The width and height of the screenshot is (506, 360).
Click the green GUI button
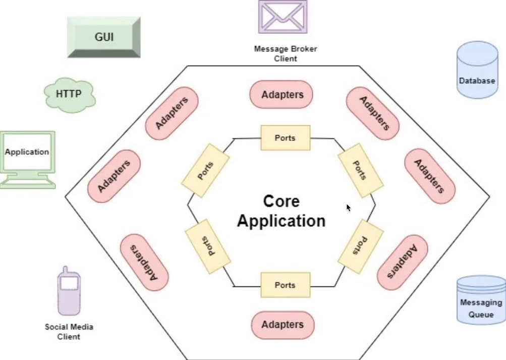[x=103, y=37]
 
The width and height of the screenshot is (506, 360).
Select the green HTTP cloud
[x=69, y=94]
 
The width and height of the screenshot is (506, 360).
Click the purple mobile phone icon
[x=69, y=291]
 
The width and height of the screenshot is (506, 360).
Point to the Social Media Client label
[x=69, y=332]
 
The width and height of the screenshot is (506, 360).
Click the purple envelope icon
[x=283, y=16]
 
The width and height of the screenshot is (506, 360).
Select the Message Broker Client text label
[x=286, y=54]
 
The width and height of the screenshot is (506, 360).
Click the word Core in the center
[x=282, y=201]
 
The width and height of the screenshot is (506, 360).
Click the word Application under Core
[x=282, y=221]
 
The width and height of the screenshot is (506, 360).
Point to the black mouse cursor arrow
[x=348, y=207]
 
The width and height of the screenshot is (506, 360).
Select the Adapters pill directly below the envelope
[x=282, y=94]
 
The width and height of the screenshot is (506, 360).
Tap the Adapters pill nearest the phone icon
[x=144, y=263]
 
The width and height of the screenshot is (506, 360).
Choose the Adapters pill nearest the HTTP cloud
[x=172, y=114]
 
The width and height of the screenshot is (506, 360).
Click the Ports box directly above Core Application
[x=285, y=138]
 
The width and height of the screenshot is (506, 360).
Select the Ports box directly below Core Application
[x=285, y=285]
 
